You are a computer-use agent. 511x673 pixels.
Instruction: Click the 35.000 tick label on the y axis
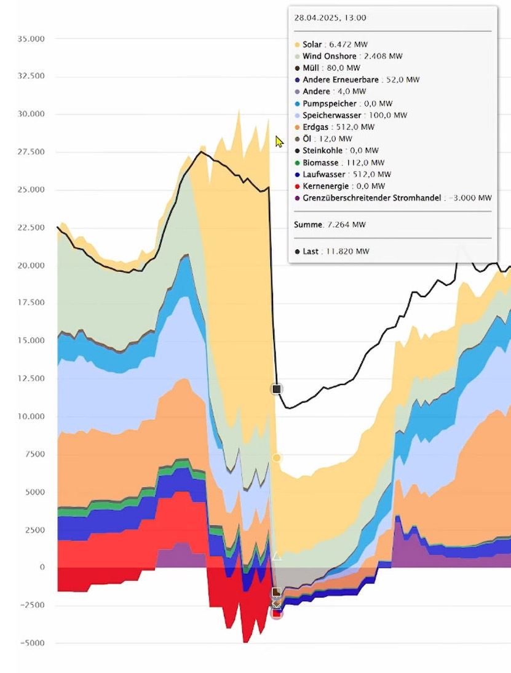[x=33, y=39]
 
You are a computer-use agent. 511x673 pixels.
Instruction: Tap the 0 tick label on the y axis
[x=42, y=568]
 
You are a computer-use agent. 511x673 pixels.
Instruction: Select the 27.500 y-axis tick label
[x=33, y=152]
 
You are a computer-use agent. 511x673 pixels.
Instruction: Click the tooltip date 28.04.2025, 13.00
[x=330, y=18]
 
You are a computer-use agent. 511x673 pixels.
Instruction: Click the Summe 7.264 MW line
[x=330, y=225]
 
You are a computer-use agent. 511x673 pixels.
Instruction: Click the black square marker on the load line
[x=277, y=389]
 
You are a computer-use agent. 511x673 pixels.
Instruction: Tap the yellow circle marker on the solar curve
[x=277, y=458]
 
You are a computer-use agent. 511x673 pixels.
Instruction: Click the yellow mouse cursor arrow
[x=279, y=142]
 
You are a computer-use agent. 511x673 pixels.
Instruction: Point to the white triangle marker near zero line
[x=277, y=556]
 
